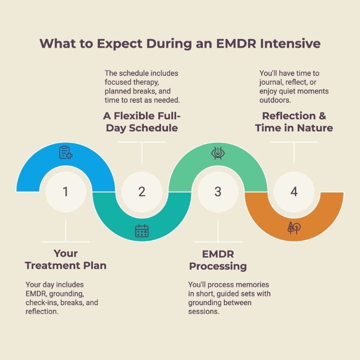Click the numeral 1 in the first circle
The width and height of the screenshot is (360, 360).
coord(65,191)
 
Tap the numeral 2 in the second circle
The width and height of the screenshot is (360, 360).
coord(142,191)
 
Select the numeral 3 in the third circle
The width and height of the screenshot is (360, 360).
coord(218,191)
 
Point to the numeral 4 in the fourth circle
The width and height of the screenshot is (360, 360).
coord(294,191)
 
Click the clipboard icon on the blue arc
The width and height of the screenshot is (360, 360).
coord(65,152)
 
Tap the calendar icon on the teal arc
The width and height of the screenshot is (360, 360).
coord(142,230)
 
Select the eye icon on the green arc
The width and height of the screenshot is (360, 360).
coord(218,153)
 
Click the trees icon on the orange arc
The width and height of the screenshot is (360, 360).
coord(294,228)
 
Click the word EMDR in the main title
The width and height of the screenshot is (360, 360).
coord(236,43)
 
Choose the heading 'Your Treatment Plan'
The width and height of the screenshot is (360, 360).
coord(65,259)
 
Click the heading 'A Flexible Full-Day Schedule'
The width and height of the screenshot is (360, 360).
coord(142,122)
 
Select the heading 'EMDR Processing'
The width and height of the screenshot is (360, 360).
coord(218,260)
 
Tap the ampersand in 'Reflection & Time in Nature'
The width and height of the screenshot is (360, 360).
coord(322,116)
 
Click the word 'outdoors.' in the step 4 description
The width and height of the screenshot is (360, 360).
coord(275,100)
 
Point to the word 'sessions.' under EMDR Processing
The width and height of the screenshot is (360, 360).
coord(204,311)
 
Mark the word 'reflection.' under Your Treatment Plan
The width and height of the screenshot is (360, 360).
coord(42,311)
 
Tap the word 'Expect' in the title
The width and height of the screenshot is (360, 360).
coord(120,43)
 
